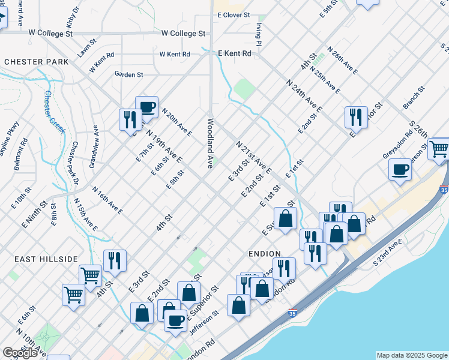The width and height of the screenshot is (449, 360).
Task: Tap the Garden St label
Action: (129, 74)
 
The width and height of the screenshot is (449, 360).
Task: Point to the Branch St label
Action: (414, 97)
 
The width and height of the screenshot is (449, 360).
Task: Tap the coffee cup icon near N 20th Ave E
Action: (146, 107)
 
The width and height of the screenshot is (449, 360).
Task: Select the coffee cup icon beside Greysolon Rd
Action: (400, 169)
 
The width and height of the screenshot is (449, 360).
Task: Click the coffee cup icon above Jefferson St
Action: (175, 320)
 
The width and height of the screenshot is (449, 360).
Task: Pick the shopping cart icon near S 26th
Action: (440, 148)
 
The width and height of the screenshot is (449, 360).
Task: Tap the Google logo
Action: (20, 353)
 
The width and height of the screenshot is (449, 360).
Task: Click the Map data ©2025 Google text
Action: (411, 355)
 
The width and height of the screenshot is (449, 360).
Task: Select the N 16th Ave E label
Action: (107, 200)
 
